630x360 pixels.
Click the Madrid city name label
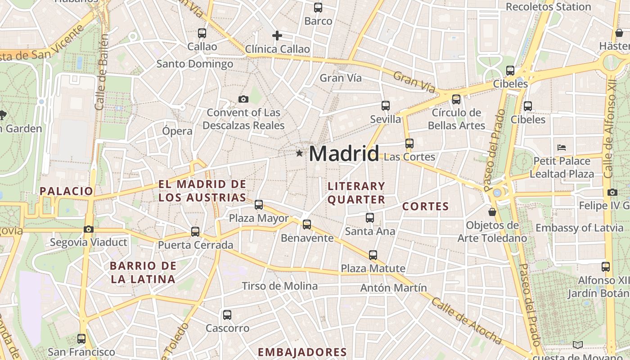[x=344, y=154]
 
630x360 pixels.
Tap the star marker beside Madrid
[x=299, y=153]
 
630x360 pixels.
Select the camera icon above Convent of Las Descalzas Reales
[x=243, y=99]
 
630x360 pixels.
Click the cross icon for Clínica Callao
[x=277, y=36]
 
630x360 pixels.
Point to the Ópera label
[x=177, y=131]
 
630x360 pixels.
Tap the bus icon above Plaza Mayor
[x=259, y=205]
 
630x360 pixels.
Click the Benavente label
[x=307, y=238]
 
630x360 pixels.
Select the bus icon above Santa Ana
[x=370, y=218]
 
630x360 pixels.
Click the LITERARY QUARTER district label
[x=356, y=193]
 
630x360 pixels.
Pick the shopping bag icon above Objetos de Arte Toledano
[x=492, y=211]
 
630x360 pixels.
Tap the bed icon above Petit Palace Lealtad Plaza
[x=561, y=147]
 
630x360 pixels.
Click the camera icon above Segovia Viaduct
[x=89, y=229]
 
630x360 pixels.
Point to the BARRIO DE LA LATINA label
[x=143, y=272]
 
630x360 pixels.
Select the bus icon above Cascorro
[x=227, y=315]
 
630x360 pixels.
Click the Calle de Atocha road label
[x=466, y=320]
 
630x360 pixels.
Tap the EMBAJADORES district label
[x=302, y=352]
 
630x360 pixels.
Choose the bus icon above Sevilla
[x=386, y=106]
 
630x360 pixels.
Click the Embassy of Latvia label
[x=579, y=227]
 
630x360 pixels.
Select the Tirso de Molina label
[x=279, y=286]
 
